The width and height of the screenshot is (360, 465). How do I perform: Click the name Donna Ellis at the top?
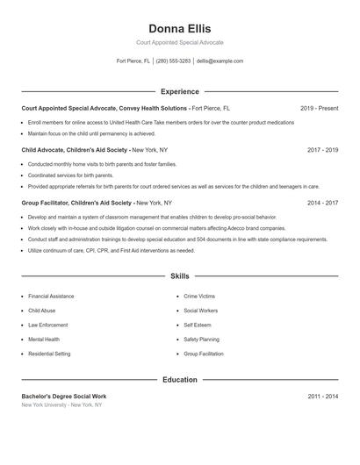tap(179, 29)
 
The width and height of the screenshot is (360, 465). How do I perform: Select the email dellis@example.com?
tap(220, 61)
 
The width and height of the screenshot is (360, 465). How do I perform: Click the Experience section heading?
tap(179, 91)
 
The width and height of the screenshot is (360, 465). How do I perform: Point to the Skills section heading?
tap(179, 275)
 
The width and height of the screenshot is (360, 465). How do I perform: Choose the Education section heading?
tap(179, 380)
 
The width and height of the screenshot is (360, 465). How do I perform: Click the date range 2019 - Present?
tap(319, 108)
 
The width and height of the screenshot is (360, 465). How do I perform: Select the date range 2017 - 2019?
tap(322, 150)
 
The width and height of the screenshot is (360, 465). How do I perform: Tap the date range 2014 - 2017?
tap(322, 203)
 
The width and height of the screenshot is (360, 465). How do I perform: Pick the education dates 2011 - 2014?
tap(322, 397)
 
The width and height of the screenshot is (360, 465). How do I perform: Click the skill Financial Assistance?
tap(51, 297)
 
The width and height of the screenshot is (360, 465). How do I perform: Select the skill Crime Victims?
tap(199, 297)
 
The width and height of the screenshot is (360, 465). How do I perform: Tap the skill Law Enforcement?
tap(47, 325)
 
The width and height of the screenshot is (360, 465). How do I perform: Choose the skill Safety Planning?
tap(201, 339)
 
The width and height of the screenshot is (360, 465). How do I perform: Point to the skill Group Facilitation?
tap(204, 354)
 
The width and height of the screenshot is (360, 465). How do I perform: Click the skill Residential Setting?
tap(49, 354)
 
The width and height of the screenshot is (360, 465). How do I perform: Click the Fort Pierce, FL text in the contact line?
tap(133, 61)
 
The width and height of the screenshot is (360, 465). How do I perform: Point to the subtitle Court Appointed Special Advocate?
tap(179, 42)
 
